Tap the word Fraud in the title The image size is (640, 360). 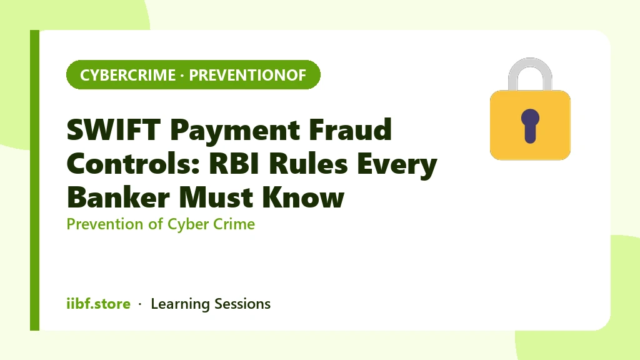(x=350, y=129)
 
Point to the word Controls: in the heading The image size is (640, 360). (x=132, y=164)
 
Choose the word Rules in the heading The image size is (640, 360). (x=308, y=164)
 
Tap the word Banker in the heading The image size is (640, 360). (x=118, y=197)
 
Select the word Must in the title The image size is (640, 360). (x=216, y=198)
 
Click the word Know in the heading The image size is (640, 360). (x=303, y=197)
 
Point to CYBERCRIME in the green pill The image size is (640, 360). (x=127, y=75)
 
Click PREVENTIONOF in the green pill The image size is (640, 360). (x=247, y=75)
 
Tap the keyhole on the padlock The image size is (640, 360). (x=530, y=126)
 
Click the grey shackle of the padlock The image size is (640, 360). (x=530, y=61)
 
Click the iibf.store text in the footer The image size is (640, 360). (x=98, y=304)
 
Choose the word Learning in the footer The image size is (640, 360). (x=180, y=304)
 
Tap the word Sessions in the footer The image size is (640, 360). (x=242, y=304)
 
